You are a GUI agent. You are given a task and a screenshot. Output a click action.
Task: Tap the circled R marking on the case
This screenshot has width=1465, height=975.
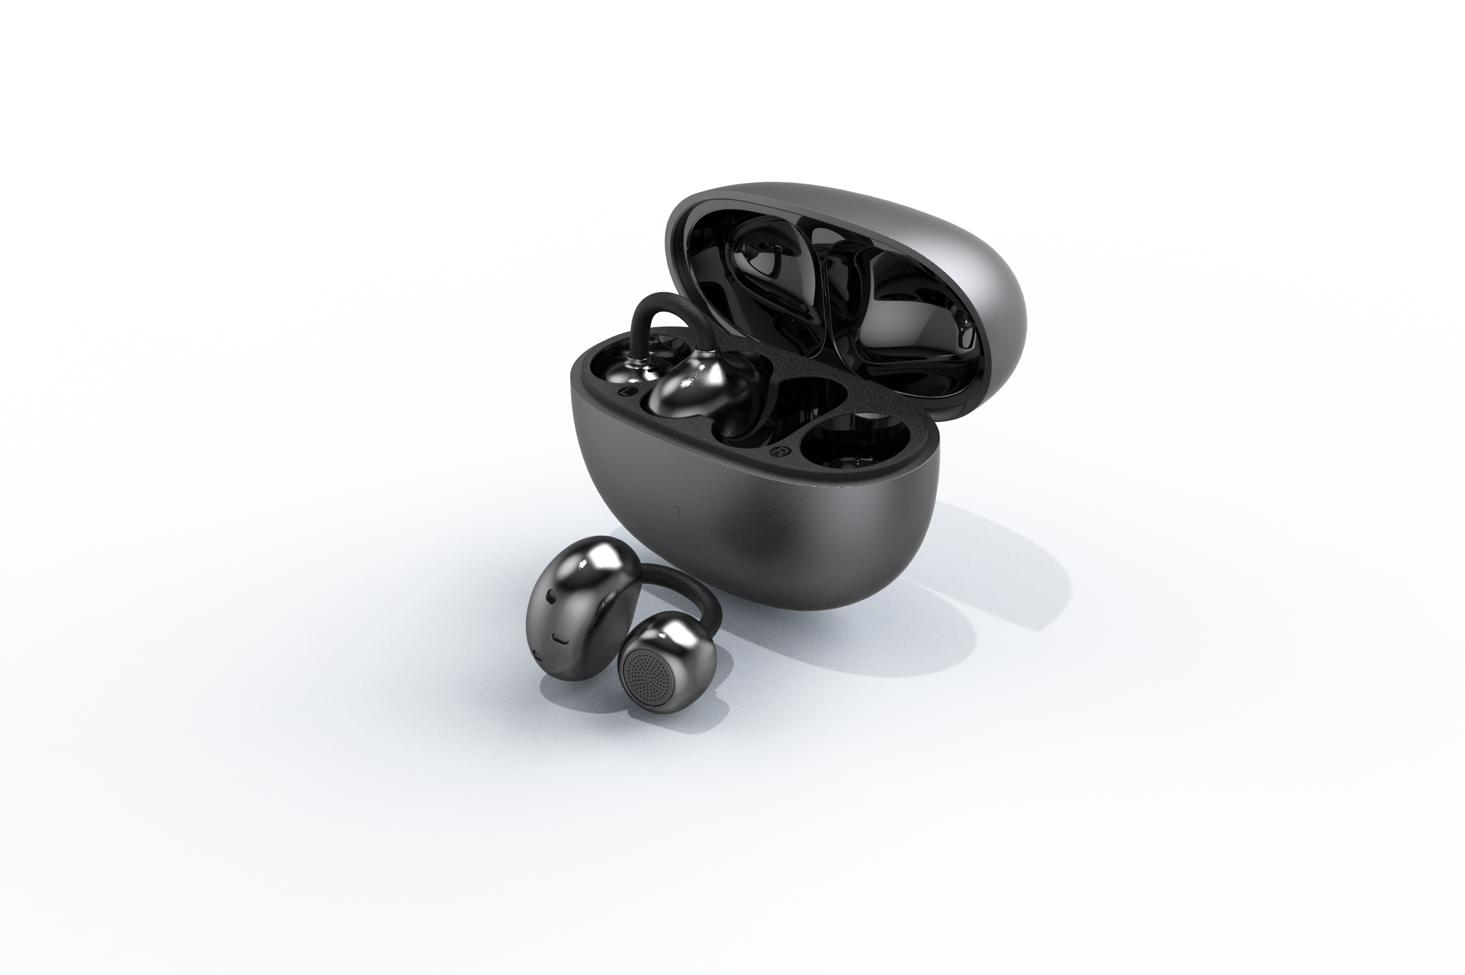[777, 451]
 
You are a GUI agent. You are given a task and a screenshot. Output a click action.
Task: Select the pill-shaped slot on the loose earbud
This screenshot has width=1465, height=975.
[560, 639]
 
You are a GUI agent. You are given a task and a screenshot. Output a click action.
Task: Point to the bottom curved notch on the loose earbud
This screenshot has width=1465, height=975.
[538, 656]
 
